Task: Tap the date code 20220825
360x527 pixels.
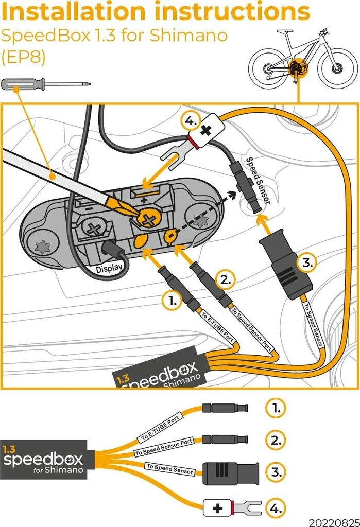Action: pyautogui.click(x=334, y=521)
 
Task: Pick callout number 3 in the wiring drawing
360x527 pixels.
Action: pyautogui.click(x=306, y=262)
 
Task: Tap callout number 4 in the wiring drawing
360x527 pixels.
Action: pyautogui.click(x=190, y=122)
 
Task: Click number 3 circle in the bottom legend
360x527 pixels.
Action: pyautogui.click(x=276, y=471)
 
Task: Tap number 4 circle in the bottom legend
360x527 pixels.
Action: pyautogui.click(x=276, y=508)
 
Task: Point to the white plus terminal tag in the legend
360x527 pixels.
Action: pyautogui.click(x=219, y=508)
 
